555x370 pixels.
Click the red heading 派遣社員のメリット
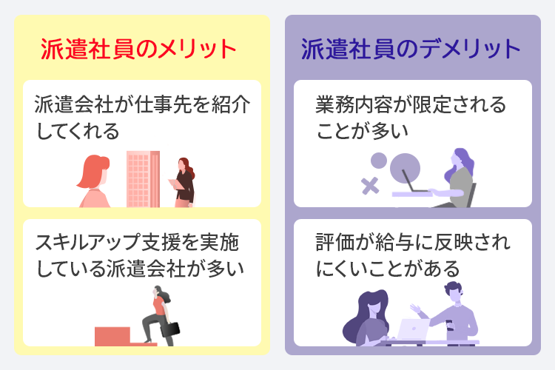point(138,50)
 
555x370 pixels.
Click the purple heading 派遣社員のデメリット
point(411,50)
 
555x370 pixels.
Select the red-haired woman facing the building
point(95,181)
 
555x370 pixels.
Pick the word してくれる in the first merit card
point(77,131)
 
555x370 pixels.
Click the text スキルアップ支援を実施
point(138,243)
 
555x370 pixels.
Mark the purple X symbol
point(370,185)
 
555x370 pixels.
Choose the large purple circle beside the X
point(405,168)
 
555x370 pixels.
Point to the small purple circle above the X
point(378,159)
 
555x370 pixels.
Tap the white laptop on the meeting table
point(411,329)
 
